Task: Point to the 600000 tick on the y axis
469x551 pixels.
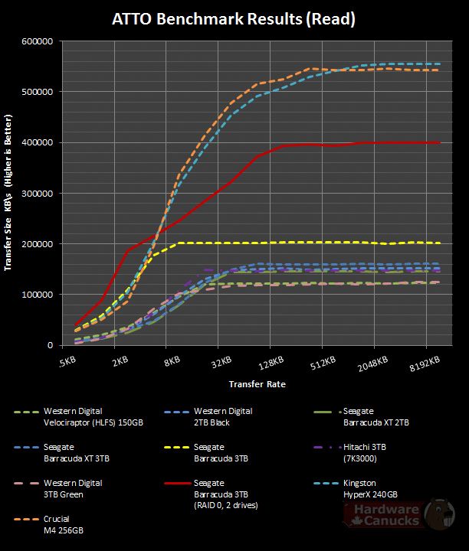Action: coord(37,41)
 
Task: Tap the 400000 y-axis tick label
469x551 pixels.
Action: coord(37,142)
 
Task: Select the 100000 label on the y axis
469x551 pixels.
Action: coord(37,295)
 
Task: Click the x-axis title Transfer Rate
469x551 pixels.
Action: coord(256,383)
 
